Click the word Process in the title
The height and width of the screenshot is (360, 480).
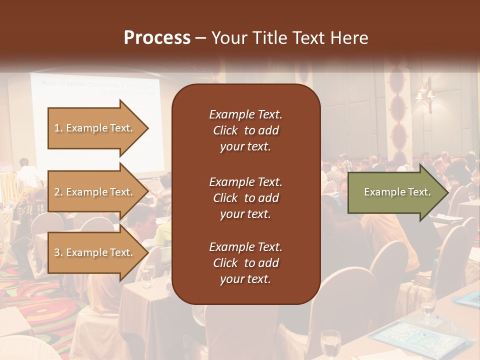pos(157,37)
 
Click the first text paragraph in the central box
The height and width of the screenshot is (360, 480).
pos(245,130)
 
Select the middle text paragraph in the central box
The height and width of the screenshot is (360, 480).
pos(245,198)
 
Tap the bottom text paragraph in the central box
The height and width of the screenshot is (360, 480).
pos(245,263)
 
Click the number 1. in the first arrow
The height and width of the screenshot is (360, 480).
pos(58,128)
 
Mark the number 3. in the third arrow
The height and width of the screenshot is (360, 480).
pos(58,252)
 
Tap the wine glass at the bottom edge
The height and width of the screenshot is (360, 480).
pos(330,345)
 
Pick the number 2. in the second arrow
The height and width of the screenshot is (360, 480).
pos(58,192)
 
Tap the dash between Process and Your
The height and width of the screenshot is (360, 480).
pos(200,38)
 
